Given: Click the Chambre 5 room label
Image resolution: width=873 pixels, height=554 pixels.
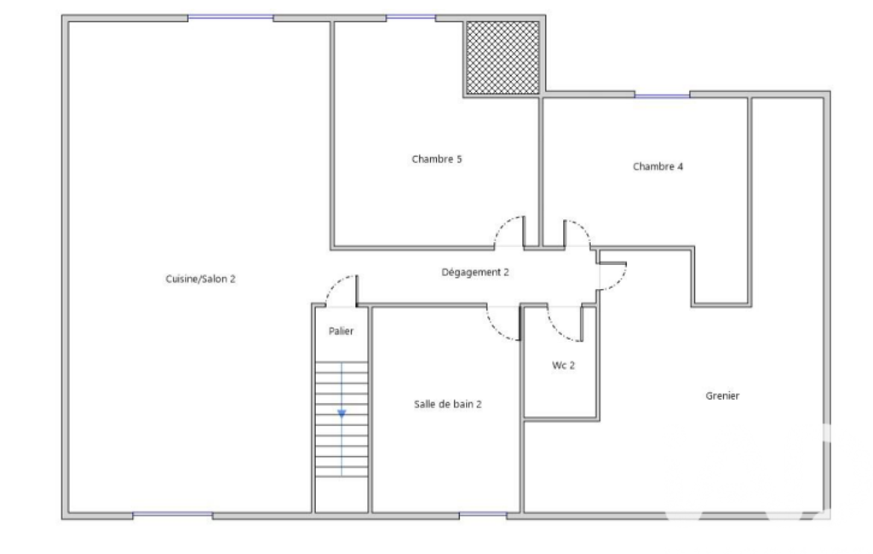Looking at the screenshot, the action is [436, 159].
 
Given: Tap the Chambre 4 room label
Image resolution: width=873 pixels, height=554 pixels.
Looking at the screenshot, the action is [658, 167].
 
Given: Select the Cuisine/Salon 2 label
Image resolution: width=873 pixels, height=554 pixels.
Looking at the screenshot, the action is [200, 280].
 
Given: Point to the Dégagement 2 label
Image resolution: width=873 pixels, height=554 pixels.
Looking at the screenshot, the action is [475, 273].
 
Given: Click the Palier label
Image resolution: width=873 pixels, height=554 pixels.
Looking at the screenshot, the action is [341, 331].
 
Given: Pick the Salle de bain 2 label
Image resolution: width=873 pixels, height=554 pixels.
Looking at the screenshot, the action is [448, 405].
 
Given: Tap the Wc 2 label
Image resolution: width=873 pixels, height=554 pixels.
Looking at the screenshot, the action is [563, 366].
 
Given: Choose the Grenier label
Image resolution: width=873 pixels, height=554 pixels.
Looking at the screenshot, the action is [722, 395].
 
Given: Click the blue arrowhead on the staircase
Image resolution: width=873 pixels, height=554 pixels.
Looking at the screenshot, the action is [342, 414].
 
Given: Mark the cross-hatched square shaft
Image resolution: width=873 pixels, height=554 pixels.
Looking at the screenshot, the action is [503, 57].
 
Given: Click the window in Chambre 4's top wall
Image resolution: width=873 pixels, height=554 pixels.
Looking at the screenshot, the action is [662, 95].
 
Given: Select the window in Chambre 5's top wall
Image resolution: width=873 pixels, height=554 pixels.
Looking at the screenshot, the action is [411, 18].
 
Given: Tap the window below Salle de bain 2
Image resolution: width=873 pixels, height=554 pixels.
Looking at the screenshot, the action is [483, 515].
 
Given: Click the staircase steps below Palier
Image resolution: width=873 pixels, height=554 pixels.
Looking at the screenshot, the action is [342, 419].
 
